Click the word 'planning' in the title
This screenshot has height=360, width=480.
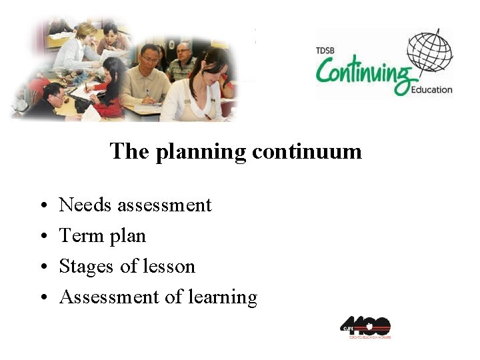coord(201,153)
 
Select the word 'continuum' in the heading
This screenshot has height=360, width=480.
coord(307,151)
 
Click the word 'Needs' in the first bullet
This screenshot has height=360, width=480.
coord(85,205)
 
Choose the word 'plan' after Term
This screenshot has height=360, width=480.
coord(127,236)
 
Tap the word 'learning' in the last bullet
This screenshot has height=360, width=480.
coord(223,297)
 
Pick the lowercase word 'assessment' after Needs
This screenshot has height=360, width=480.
coord(164,205)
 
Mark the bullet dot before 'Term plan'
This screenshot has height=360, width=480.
coord(42,236)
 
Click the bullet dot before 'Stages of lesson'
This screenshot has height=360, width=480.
coord(42,267)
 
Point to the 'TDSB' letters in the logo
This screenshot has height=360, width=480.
coord(325,50)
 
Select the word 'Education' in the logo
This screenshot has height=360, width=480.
coord(432,89)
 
